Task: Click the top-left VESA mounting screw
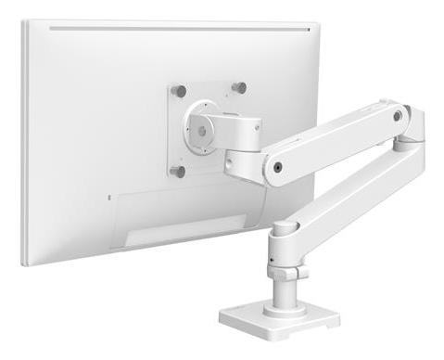pyautogui.click(x=180, y=91)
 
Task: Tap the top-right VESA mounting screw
pyautogui.click(x=239, y=87)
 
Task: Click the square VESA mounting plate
pyautogui.click(x=209, y=153)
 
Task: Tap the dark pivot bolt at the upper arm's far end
pyautogui.click(x=398, y=117)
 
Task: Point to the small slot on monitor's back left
pyautogui.click(x=108, y=198)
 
